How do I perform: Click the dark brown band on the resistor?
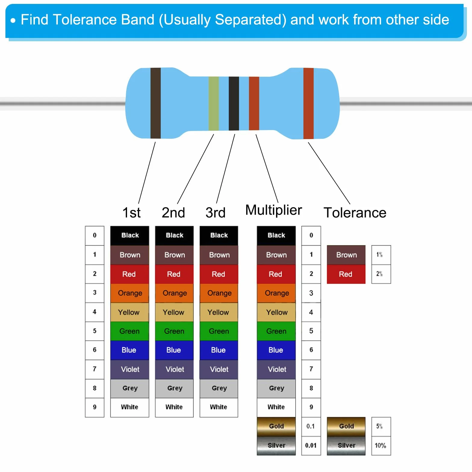155,103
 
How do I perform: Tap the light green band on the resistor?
213,103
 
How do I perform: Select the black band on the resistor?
234,103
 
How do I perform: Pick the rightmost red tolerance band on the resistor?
309,104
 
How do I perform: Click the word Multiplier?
274,210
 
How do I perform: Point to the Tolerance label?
355,213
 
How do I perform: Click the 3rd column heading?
216,213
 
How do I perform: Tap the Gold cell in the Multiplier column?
276,426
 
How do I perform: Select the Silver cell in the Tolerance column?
346,446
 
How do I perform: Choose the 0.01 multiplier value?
311,446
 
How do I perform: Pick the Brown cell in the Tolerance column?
346,255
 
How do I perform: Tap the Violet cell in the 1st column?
130,369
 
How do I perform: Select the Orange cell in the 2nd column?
174,293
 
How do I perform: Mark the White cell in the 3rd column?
219,407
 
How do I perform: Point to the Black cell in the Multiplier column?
276,235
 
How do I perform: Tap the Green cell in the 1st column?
130,331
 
